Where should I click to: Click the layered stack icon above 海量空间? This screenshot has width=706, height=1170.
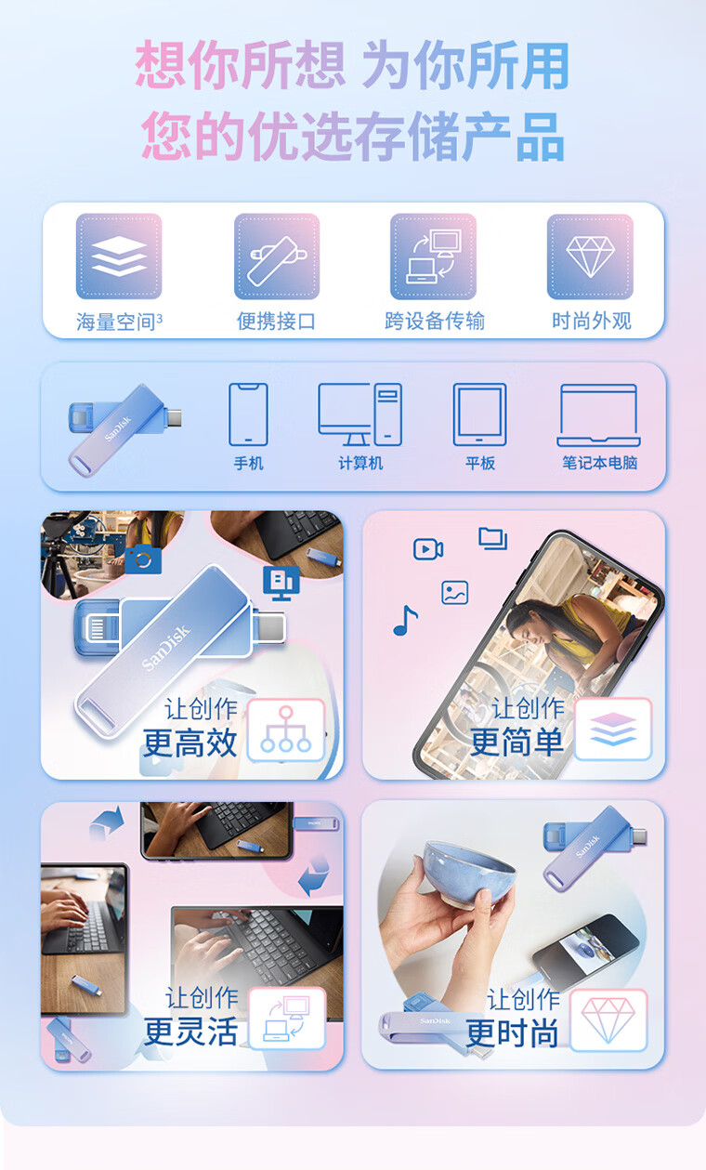119,256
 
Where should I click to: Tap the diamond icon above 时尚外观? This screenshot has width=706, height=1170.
590,256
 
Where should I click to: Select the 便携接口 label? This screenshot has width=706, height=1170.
276,321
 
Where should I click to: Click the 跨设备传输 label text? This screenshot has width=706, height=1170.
435,321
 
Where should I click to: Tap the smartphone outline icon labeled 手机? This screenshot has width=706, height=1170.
249,414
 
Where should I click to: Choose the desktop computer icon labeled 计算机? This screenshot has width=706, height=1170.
360,414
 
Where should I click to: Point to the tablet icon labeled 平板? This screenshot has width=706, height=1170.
480,414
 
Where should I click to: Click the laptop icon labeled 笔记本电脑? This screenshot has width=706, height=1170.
599,415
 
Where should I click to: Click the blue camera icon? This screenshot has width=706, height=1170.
142,559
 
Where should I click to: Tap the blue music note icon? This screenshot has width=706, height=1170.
405,620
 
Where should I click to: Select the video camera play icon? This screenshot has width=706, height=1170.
428,549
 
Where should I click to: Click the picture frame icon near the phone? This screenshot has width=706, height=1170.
455,592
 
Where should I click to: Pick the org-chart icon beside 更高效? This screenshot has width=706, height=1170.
285,730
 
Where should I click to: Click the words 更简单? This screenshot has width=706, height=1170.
517,742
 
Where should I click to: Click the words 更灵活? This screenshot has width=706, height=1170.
190,1031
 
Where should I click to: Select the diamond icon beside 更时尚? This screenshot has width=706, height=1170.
608,1020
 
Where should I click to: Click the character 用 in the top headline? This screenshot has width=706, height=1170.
544,65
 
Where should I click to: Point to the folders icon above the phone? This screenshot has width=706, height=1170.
493,538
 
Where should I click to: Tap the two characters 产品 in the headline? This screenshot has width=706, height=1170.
514,137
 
